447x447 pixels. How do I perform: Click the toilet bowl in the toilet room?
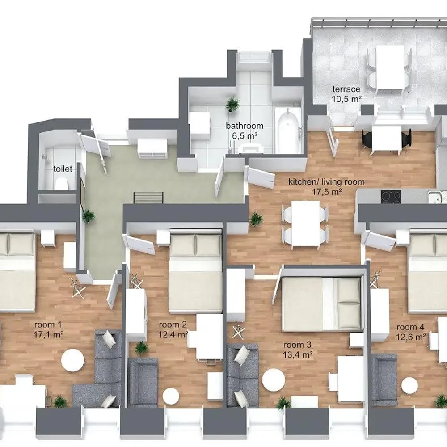(x=62, y=183)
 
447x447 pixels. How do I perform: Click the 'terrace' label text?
(x=346, y=89)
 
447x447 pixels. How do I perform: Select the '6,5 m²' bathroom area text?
(x=245, y=136)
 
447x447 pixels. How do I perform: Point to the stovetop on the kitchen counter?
(x=391, y=196)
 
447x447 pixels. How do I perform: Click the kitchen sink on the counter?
(x=435, y=197)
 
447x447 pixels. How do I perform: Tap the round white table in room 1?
(x=72, y=360)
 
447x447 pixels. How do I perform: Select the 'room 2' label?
(x=173, y=325)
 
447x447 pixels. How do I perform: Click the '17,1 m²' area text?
(x=48, y=334)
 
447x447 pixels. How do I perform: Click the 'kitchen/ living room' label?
(x=326, y=181)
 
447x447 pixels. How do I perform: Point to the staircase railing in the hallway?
(x=148, y=198)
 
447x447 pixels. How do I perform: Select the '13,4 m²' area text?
(x=298, y=354)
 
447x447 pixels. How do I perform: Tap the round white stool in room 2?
(x=171, y=396)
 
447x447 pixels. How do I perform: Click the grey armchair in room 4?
(x=384, y=380)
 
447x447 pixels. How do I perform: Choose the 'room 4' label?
(x=410, y=327)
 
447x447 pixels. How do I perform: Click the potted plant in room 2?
(x=141, y=347)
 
